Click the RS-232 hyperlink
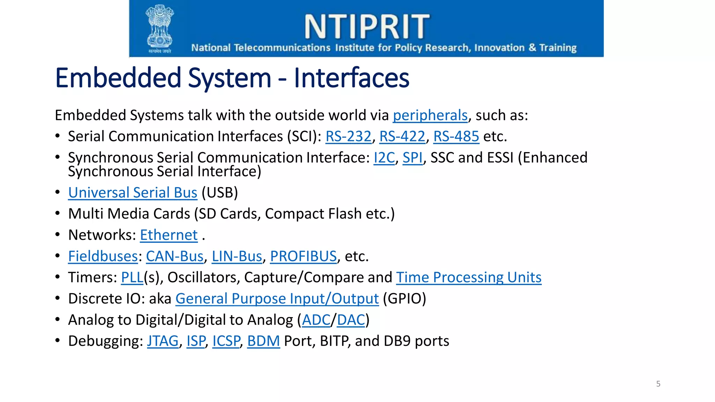coord(348,136)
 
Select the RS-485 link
coord(456,136)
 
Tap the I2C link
coord(384,158)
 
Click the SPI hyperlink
coord(412,158)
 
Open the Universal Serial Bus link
coord(133,193)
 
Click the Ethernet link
coord(169,235)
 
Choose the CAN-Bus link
coord(175,256)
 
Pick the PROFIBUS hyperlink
coord(303,256)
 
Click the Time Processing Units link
coord(469,277)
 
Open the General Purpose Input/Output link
coord(277,299)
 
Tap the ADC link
coord(316,320)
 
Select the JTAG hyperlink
coord(163,341)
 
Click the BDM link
coord(264,341)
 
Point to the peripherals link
coord(430,116)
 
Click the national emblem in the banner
coord(160,28)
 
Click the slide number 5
coord(658,384)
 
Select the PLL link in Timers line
coord(132,277)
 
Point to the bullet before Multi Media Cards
coord(58,213)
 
